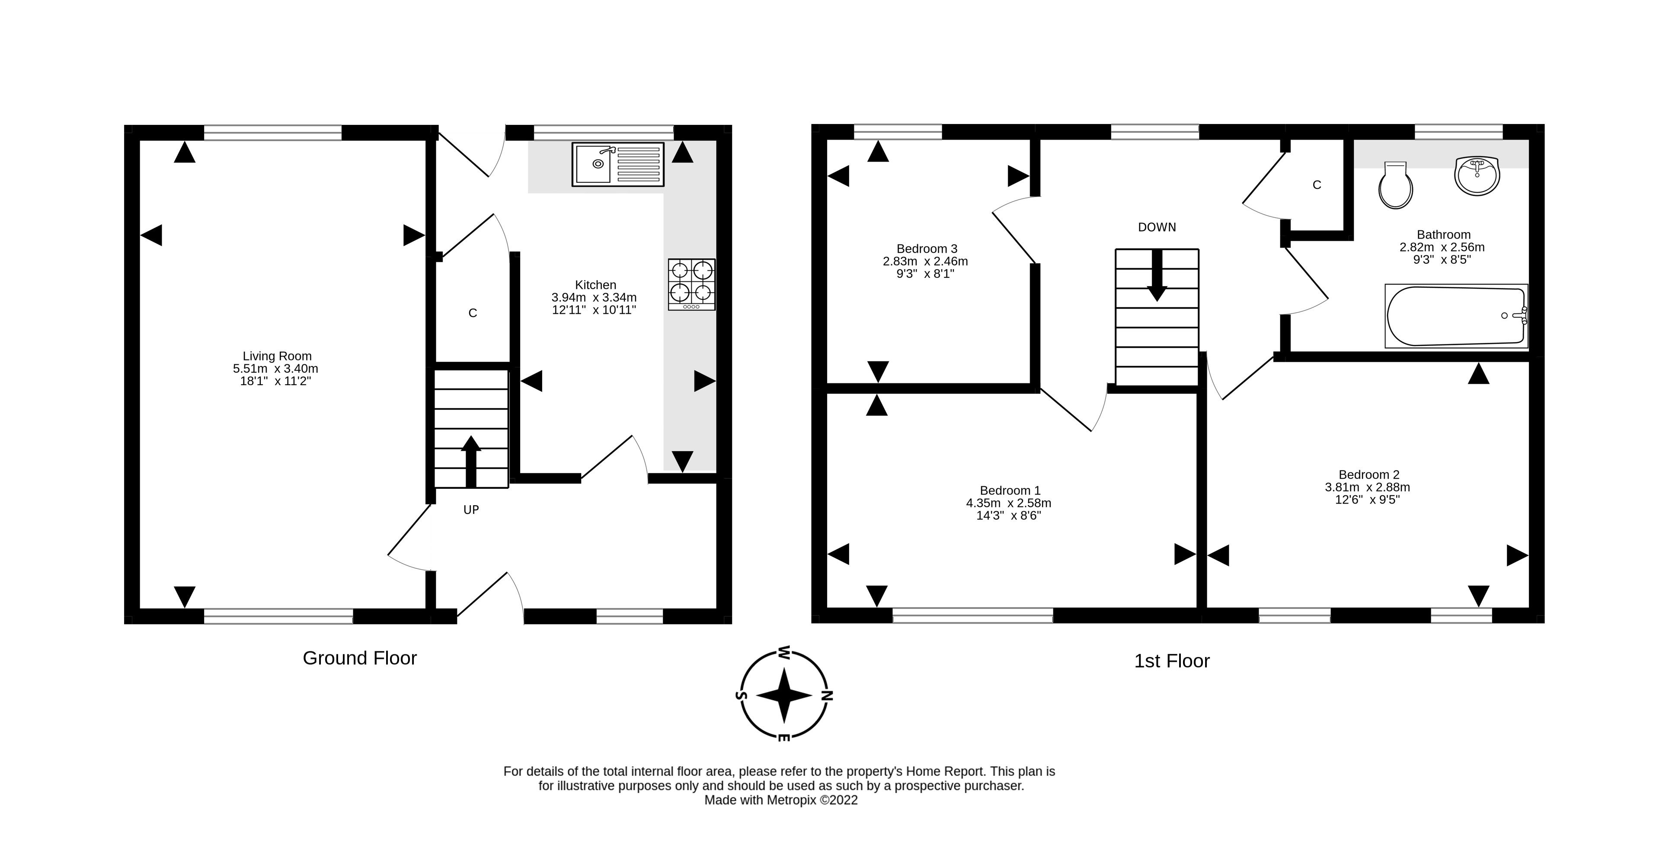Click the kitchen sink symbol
coord(617,165)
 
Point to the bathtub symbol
coord(1455,316)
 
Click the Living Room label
coord(277,356)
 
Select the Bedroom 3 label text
coord(927,249)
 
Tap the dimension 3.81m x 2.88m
coord(1367,487)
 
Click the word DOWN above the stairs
coord(1157,227)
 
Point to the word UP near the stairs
coord(471,510)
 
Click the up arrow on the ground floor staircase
coord(471,460)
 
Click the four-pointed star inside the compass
coord(784,695)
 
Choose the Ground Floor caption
coord(360,658)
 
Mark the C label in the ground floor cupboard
coord(472,313)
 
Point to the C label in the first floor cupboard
coord(1317,185)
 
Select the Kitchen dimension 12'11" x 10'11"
coord(594,310)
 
